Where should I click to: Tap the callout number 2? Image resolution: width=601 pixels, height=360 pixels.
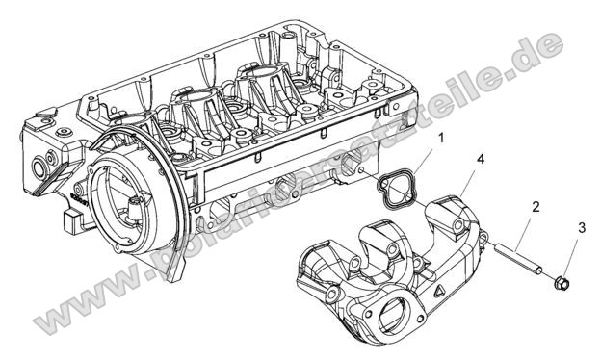coord(536,206)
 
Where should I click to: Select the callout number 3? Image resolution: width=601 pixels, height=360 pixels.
coord(581,227)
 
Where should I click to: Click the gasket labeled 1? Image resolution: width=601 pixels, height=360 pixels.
coord(390,189)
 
